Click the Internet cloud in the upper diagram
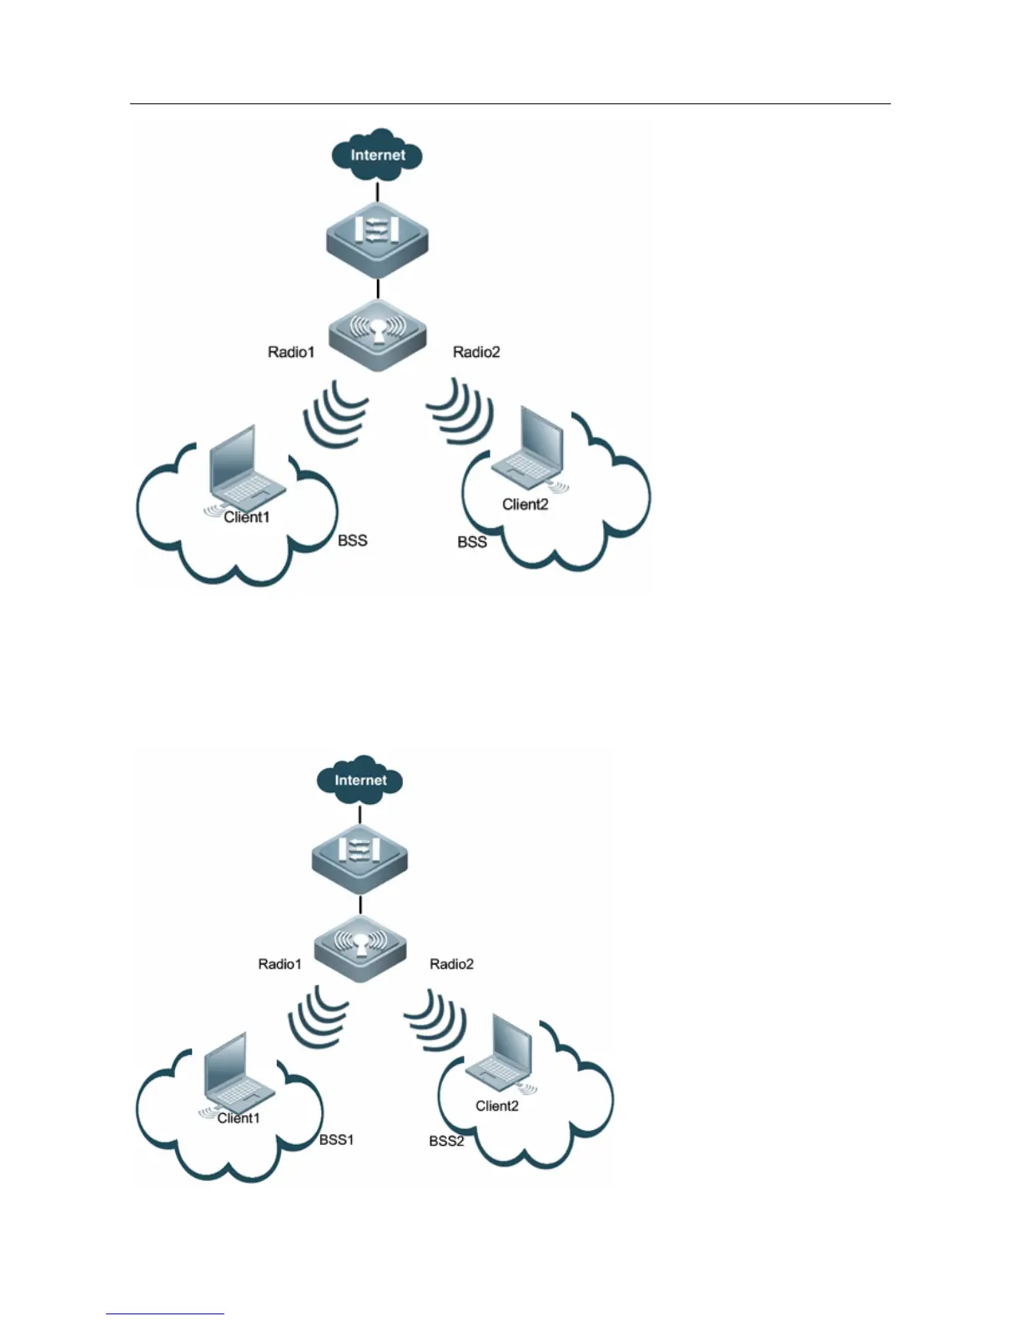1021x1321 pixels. [377, 154]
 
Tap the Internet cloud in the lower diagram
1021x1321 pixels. [360, 780]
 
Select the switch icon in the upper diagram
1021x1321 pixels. [379, 237]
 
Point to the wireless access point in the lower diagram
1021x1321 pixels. [360, 947]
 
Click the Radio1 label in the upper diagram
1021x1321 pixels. [291, 352]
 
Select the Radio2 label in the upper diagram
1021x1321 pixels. [476, 352]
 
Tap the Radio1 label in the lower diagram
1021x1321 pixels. [279, 964]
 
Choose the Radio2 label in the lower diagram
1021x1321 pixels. [451, 964]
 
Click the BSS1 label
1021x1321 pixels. [337, 1139]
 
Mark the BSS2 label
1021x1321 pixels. [446, 1141]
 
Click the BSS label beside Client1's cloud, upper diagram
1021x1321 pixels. [352, 540]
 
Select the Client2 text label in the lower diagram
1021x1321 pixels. [497, 1106]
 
